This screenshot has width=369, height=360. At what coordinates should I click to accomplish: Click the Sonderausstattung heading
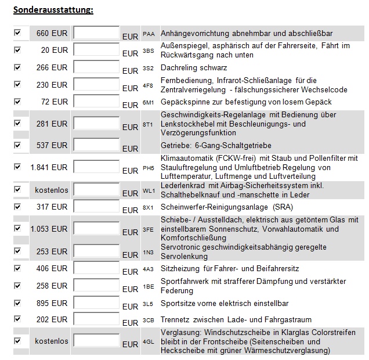pos(53,10)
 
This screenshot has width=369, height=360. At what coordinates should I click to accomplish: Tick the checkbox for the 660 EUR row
pos(17,33)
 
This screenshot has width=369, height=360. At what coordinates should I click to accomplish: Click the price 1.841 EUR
pos(49,167)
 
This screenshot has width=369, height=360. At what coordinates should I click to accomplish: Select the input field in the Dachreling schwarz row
pos(96,68)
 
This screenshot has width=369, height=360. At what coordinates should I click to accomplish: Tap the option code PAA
pos(149,34)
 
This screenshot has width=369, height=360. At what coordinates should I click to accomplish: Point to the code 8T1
pos(149,124)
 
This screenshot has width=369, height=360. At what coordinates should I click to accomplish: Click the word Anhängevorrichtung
pos(197,34)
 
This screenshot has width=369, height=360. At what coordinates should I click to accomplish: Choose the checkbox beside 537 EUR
pos(17,145)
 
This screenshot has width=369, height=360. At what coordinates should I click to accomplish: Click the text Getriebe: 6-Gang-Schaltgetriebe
pos(216,145)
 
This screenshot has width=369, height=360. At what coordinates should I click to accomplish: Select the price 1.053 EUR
pos(49,229)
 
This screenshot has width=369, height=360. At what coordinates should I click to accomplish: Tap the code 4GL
pos(149,343)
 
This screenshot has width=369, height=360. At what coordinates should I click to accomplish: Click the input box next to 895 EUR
pos(96,304)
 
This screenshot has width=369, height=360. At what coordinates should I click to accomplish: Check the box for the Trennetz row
pos(17,319)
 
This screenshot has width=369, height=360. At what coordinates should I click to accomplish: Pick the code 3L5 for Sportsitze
pos(149,304)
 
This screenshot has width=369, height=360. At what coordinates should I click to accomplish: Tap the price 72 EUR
pos(54,102)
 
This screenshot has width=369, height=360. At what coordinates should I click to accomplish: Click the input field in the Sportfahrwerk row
pos(96,287)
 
